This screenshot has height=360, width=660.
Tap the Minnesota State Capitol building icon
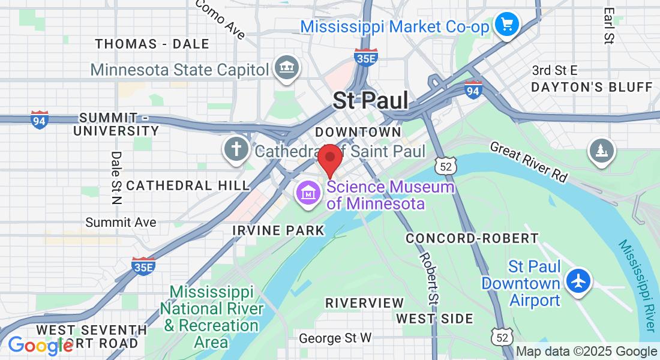(x=286, y=68)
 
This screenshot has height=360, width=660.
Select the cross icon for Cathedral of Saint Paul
(x=236, y=151)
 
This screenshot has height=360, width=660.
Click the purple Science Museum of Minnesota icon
(x=308, y=194)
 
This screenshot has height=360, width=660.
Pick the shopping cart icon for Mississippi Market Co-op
(x=507, y=25)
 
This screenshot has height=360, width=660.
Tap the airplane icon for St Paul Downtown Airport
(x=578, y=281)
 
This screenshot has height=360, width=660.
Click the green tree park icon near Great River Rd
(x=601, y=150)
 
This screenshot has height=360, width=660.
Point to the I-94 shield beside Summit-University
(x=40, y=120)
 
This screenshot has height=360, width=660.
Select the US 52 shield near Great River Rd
(x=445, y=166)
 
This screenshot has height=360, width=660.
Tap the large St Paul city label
(x=371, y=100)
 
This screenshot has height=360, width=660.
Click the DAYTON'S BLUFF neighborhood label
(x=591, y=87)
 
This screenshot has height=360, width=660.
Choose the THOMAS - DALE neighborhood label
(x=152, y=44)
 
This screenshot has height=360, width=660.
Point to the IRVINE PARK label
(x=278, y=230)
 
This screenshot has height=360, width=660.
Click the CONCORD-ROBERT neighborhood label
(x=472, y=238)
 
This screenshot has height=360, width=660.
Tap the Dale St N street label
(x=116, y=176)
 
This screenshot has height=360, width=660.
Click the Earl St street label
(x=609, y=26)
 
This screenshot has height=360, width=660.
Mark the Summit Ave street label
(x=121, y=223)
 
